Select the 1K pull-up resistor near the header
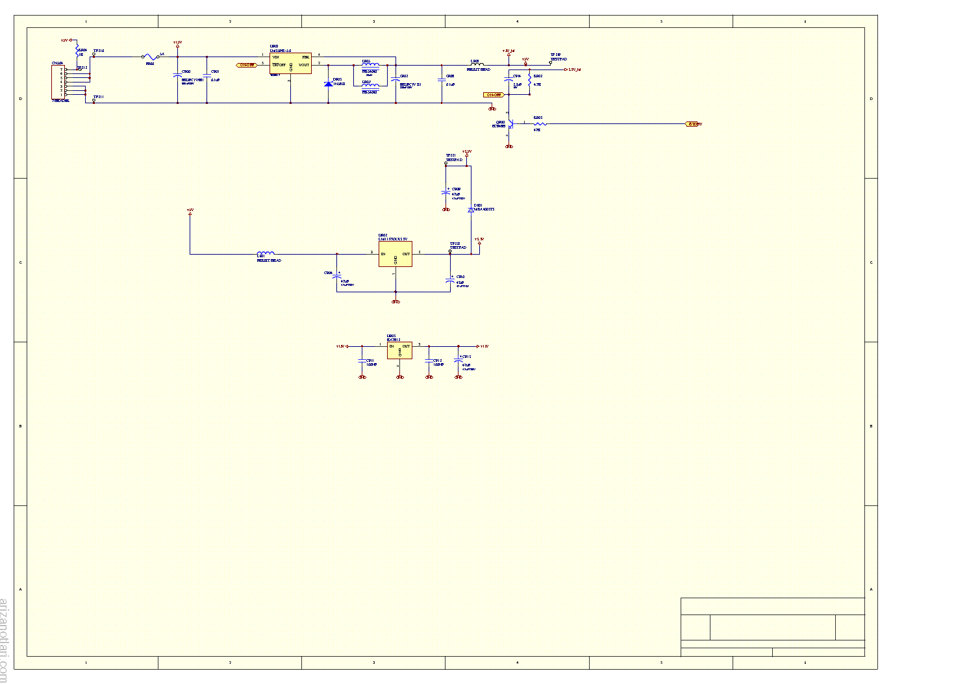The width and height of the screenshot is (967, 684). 77,51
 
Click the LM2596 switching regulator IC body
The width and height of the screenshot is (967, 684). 290,63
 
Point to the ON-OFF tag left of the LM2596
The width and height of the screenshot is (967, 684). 246,65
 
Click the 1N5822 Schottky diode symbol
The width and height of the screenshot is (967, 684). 328,83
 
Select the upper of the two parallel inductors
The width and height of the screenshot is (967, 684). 370,66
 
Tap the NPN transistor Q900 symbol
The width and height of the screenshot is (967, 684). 510,123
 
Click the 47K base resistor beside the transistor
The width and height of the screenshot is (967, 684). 539,123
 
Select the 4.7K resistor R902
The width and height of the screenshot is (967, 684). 530,81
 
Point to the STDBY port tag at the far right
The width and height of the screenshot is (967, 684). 694,124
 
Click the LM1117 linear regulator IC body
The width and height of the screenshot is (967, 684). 395,254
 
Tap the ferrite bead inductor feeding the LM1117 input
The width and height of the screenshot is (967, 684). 266,253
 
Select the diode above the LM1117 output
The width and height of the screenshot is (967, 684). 471,210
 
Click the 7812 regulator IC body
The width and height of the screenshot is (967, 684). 399,350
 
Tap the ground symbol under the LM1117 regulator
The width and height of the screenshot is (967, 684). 396,301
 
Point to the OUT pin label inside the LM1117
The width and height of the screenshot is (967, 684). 406,254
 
